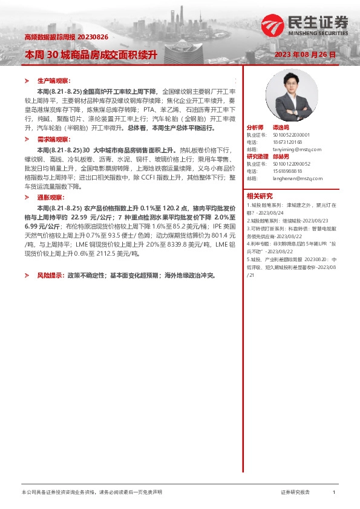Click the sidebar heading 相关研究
click(x=260, y=196)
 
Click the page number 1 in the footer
click(x=334, y=493)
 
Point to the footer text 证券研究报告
click(x=295, y=493)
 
